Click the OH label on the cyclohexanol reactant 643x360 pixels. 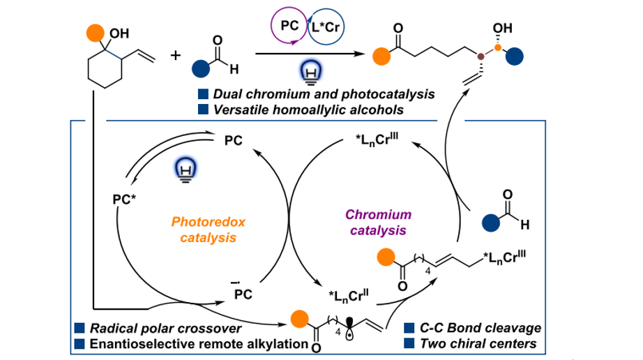coord(119,33)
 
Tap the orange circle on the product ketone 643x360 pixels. coord(380,54)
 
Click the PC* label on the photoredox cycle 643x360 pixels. coord(123,199)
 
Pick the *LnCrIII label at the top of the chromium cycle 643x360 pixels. coord(377,144)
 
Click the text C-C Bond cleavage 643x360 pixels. coord(481,328)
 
